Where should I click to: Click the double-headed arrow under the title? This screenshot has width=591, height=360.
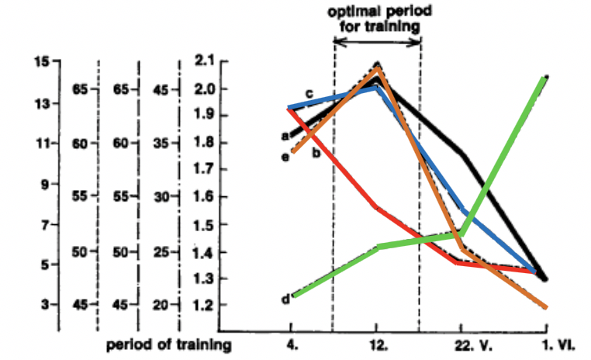point(377,43)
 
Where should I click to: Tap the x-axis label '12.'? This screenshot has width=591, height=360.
point(377,341)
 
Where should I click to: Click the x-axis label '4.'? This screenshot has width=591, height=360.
point(292,341)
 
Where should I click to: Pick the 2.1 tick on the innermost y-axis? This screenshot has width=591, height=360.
point(205,62)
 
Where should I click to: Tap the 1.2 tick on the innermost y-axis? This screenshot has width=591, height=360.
point(205,305)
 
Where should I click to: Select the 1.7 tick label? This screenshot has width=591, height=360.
point(205,169)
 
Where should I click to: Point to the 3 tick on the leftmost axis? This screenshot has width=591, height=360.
point(44,305)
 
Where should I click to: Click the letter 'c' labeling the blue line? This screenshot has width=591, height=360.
point(309,94)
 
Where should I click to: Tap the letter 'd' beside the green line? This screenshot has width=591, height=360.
point(285,298)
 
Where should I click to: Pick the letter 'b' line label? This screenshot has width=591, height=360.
point(316,153)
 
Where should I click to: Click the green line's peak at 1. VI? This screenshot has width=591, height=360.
point(546,78)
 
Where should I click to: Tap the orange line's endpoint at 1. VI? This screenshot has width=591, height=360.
point(546,307)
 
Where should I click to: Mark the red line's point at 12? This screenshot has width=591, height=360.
point(377,208)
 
